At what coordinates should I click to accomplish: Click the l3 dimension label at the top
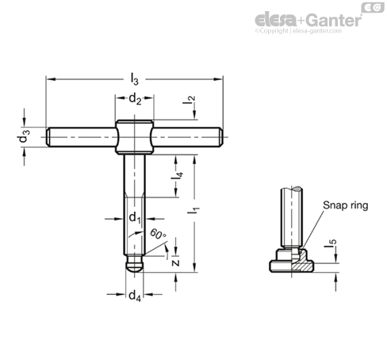[135, 79]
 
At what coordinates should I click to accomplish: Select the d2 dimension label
[135, 99]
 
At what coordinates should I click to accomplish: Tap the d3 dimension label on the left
[24, 136]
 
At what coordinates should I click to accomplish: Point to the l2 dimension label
[190, 99]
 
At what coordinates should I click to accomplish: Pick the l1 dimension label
[193, 208]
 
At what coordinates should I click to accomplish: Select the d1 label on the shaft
[135, 218]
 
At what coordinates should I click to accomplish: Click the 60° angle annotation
[158, 234]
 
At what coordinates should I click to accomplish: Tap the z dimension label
[175, 262]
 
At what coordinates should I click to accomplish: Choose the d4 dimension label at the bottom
[135, 296]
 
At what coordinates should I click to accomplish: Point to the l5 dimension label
[331, 243]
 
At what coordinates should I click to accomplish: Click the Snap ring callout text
[346, 205]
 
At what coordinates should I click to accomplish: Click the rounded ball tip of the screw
[135, 266]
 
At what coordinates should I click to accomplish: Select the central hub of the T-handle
[135, 137]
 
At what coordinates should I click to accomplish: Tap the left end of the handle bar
[48, 137]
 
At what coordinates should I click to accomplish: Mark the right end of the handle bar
[220, 137]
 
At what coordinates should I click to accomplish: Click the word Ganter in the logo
[334, 20]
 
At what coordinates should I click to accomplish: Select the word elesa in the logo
[276, 20]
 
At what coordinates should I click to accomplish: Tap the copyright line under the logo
[298, 31]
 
